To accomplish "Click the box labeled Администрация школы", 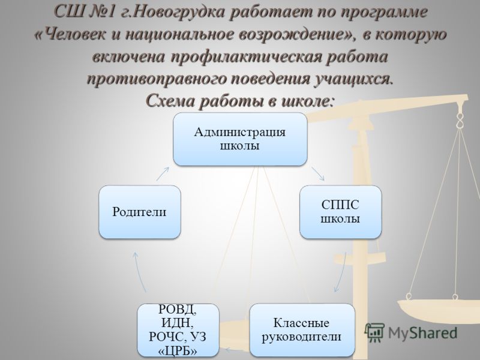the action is (x=240, y=139).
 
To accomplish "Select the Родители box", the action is (x=140, y=212).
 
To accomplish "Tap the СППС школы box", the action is (x=340, y=212).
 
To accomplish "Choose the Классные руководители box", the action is (x=302, y=330).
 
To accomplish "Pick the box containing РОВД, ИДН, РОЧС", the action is (x=178, y=330).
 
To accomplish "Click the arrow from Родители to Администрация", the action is (x=163, y=174).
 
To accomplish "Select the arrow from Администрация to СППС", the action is (x=318, y=174).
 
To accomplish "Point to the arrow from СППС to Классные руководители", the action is (x=341, y=272).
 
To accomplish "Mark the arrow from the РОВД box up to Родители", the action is (x=139, y=272).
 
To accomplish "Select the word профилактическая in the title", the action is (x=247, y=57).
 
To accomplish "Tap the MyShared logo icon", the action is (x=374, y=332).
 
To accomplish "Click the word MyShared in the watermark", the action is (x=423, y=333).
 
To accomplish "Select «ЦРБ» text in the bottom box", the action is (x=178, y=350).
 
